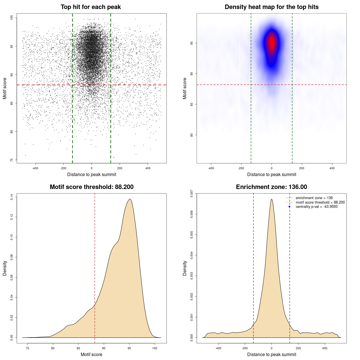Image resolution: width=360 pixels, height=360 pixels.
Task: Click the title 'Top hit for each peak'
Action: point(91,7)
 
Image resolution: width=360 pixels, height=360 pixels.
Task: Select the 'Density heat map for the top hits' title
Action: point(271,7)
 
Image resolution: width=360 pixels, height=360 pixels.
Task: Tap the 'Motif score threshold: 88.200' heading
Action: point(91,187)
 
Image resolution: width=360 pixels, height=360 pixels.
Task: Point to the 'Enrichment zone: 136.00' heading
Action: point(271,187)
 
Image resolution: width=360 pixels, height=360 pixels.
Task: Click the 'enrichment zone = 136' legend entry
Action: point(314,198)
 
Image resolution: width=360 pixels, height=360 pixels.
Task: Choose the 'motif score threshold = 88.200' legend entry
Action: point(320,202)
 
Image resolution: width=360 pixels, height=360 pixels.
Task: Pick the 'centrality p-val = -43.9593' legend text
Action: point(316,207)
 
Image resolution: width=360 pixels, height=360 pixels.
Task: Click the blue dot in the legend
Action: point(289,207)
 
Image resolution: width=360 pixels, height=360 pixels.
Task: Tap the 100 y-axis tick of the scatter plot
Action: point(12,18)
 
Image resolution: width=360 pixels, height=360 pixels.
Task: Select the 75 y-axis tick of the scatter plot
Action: point(12,160)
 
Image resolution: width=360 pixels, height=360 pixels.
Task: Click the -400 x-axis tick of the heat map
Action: point(211,168)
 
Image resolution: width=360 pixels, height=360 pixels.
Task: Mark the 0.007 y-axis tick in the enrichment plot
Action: point(192,193)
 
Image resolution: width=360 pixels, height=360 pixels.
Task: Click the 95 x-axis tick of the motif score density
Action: point(129,348)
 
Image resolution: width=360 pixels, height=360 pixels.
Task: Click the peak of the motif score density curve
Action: point(130,199)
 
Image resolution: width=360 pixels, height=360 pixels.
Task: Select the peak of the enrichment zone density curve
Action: point(271,199)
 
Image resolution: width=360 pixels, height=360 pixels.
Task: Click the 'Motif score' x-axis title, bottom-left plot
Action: point(91,354)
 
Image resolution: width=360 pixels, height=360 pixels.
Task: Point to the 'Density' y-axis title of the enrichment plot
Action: point(185,268)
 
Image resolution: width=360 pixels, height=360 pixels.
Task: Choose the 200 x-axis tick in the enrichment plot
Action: point(298,348)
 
